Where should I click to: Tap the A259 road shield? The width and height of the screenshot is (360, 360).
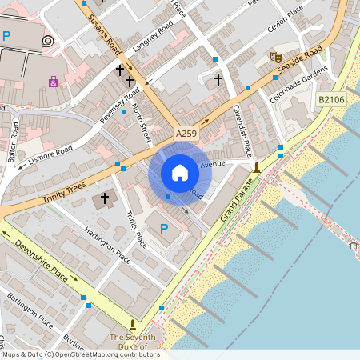click(x=186, y=133)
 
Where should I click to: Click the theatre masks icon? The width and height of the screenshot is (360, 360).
click(x=274, y=57)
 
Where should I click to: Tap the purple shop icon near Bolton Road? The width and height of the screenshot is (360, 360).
click(x=53, y=82)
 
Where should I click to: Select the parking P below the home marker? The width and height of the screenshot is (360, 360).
click(x=164, y=230)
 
